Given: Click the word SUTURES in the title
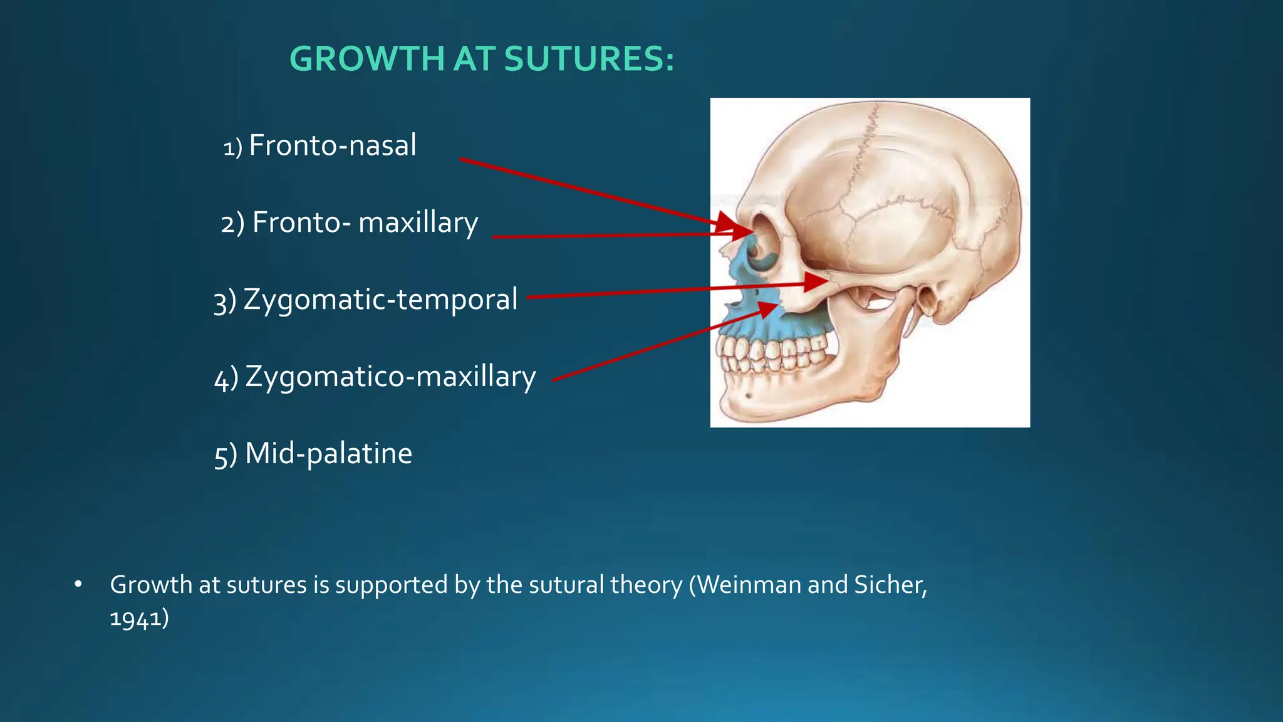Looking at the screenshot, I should (589, 60).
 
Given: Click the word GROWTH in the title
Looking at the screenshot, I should (367, 60).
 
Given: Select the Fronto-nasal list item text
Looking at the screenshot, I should (332, 145).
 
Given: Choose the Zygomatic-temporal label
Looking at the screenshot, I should (380, 300).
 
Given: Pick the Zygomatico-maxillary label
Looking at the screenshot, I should (390, 377).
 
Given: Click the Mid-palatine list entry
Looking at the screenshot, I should (328, 454).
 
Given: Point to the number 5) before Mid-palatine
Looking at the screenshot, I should (226, 455).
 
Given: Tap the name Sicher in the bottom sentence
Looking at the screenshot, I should (889, 585).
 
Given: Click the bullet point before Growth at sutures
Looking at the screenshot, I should (78, 584).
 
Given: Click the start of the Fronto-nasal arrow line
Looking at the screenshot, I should (462, 160).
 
